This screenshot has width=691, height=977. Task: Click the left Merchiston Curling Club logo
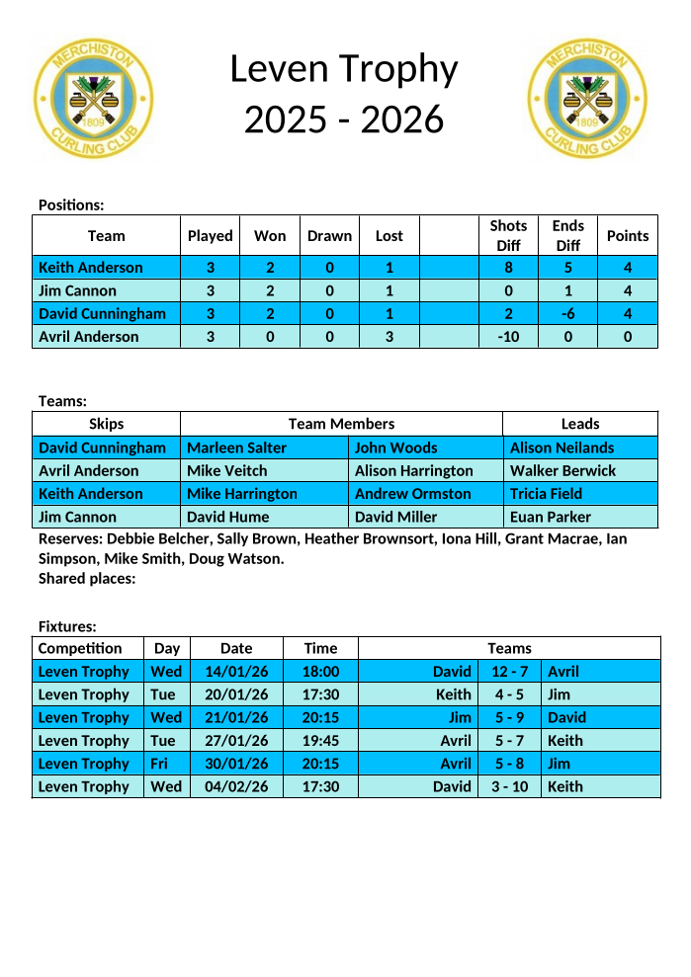[x=94, y=99]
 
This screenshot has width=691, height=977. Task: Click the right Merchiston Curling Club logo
[x=589, y=99]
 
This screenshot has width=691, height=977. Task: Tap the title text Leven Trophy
[x=344, y=69]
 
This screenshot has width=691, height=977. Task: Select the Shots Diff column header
[x=508, y=235]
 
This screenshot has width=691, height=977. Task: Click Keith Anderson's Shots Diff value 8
[x=508, y=268]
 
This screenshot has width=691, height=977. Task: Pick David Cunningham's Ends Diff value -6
[x=567, y=314]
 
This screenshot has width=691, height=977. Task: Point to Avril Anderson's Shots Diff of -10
[x=508, y=337]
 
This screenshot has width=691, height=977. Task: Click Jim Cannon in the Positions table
[x=77, y=291]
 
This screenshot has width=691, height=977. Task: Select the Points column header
[x=628, y=235]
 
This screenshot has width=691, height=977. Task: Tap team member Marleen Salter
[x=236, y=448]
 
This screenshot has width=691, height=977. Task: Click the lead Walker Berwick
[x=562, y=471]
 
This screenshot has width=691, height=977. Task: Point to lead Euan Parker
[x=550, y=517]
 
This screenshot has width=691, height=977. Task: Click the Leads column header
[x=580, y=424]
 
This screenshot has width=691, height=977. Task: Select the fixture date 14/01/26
[x=236, y=672]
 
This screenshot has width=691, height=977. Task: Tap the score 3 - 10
[x=510, y=787]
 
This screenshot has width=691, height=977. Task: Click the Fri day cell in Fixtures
[x=159, y=764]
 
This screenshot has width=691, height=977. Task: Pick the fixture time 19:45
[x=320, y=741]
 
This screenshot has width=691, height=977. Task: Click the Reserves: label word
[x=69, y=539]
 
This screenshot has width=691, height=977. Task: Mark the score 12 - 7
[x=510, y=672]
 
